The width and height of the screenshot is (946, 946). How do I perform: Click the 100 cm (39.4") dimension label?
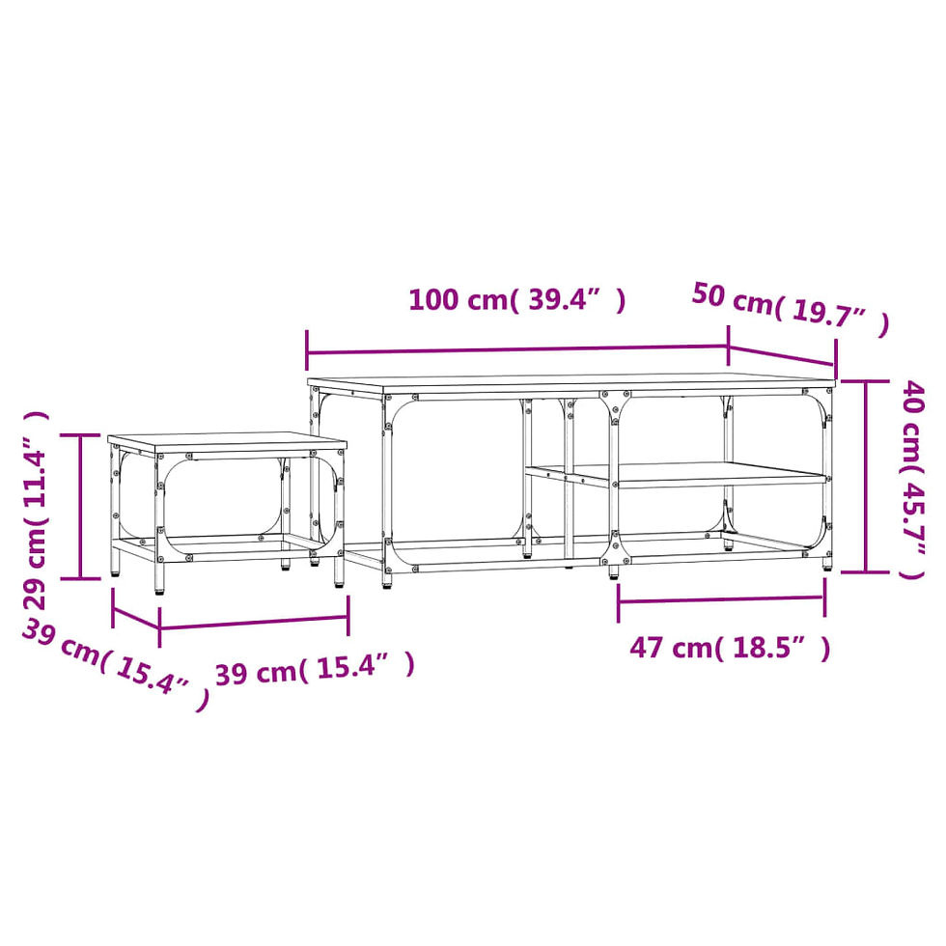(517, 299)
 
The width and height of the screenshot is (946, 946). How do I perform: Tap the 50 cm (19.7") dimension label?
(791, 308)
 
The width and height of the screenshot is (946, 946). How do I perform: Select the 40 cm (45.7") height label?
(912, 480)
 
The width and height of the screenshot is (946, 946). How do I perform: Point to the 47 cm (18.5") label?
(730, 648)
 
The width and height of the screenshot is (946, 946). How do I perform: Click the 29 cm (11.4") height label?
(35, 511)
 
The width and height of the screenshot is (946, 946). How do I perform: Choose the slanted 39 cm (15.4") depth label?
(116, 664)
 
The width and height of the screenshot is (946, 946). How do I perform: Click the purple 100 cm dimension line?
(517, 349)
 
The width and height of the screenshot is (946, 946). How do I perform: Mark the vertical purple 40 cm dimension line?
(866, 476)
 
